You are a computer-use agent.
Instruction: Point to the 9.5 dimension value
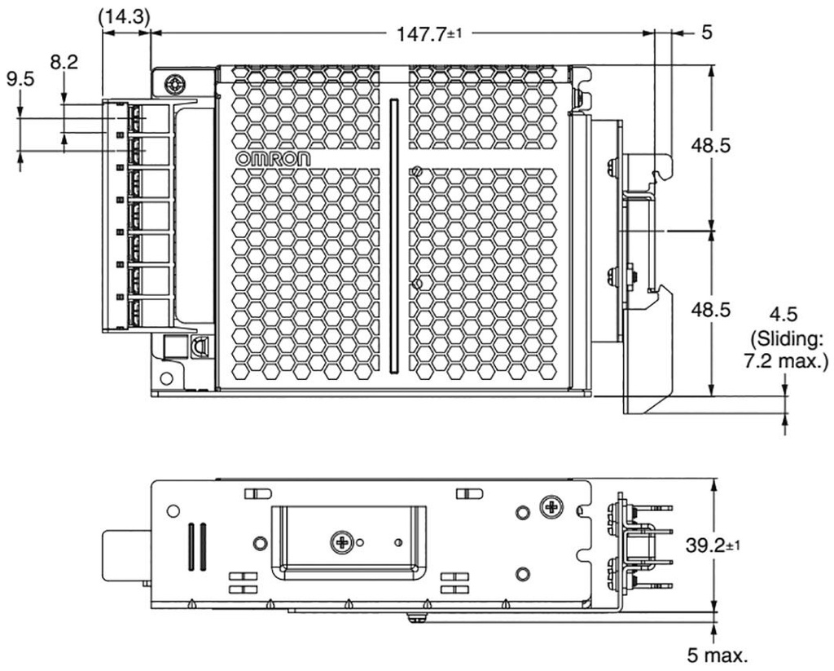tap(21, 81)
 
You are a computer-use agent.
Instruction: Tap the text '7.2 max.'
tap(786, 360)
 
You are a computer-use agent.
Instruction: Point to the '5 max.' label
tap(716, 654)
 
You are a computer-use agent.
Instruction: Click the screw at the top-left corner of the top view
tap(172, 84)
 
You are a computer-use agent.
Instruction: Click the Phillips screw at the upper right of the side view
tap(552, 507)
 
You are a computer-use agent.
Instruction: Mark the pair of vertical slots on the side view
tap(196, 545)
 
